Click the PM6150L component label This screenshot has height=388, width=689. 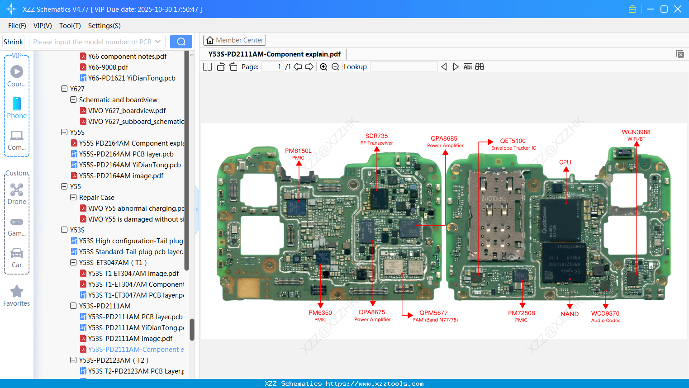pyautogui.click(x=298, y=151)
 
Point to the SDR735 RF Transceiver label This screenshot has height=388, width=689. pyautogui.click(x=377, y=136)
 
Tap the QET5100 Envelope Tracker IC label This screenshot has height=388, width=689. pyautogui.click(x=513, y=141)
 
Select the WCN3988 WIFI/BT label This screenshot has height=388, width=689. pyautogui.click(x=636, y=132)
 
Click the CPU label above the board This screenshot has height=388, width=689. pyautogui.click(x=565, y=162)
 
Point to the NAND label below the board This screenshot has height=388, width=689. pyautogui.click(x=570, y=314)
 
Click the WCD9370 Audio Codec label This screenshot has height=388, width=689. pyautogui.click(x=605, y=314)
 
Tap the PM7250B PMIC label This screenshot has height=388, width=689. pyautogui.click(x=522, y=313)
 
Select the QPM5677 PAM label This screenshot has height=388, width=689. pyautogui.click(x=433, y=313)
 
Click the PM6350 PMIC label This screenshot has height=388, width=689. pyautogui.click(x=320, y=313)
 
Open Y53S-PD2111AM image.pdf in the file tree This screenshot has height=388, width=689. pyautogui.click(x=130, y=339)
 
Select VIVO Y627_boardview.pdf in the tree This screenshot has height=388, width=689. pyautogui.click(x=127, y=111)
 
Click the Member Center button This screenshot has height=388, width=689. pyautogui.click(x=235, y=40)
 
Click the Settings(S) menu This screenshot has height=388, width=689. pyautogui.click(x=105, y=26)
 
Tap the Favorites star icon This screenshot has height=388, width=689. pyautogui.click(x=17, y=292)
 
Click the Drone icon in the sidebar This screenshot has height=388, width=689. pyautogui.click(x=17, y=190)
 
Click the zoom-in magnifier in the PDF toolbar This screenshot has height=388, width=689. pyautogui.click(x=323, y=67)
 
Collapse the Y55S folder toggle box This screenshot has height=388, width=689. pyautogui.click(x=64, y=132)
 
